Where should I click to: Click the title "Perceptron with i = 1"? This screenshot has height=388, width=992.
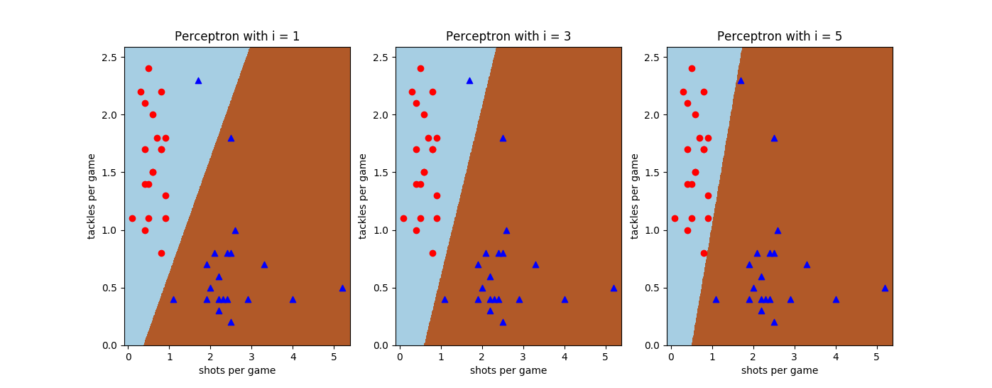tap(237, 36)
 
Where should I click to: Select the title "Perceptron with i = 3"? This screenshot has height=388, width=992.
tap(508, 36)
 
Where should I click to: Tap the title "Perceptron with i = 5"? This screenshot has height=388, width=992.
tap(780, 36)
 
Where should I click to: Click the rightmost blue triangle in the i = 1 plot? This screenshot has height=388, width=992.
tap(342, 288)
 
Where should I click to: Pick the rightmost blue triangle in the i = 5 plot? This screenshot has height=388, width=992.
tap(885, 288)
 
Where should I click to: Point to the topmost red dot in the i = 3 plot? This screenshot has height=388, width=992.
tap(420, 68)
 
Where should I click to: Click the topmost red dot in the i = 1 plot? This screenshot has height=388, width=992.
tap(148, 68)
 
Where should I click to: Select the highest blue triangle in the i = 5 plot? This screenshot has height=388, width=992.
tap(741, 80)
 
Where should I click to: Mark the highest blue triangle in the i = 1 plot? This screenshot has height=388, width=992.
tap(198, 80)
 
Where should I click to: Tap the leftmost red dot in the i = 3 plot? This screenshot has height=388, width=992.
tap(403, 218)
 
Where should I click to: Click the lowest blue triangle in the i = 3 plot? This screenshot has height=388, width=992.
tap(503, 322)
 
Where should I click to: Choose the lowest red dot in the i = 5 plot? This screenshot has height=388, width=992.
tap(704, 253)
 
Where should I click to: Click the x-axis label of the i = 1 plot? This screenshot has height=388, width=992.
tap(237, 370)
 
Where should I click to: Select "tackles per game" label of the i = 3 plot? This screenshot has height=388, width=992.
tap(363, 196)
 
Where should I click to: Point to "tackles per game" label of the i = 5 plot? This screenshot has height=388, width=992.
tap(634, 196)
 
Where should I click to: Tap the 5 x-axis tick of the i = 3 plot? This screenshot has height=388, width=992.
tap(606, 357)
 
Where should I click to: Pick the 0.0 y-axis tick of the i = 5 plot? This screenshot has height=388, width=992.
tap(655, 345)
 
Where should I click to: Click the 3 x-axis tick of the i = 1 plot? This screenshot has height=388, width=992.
tap(251, 357)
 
